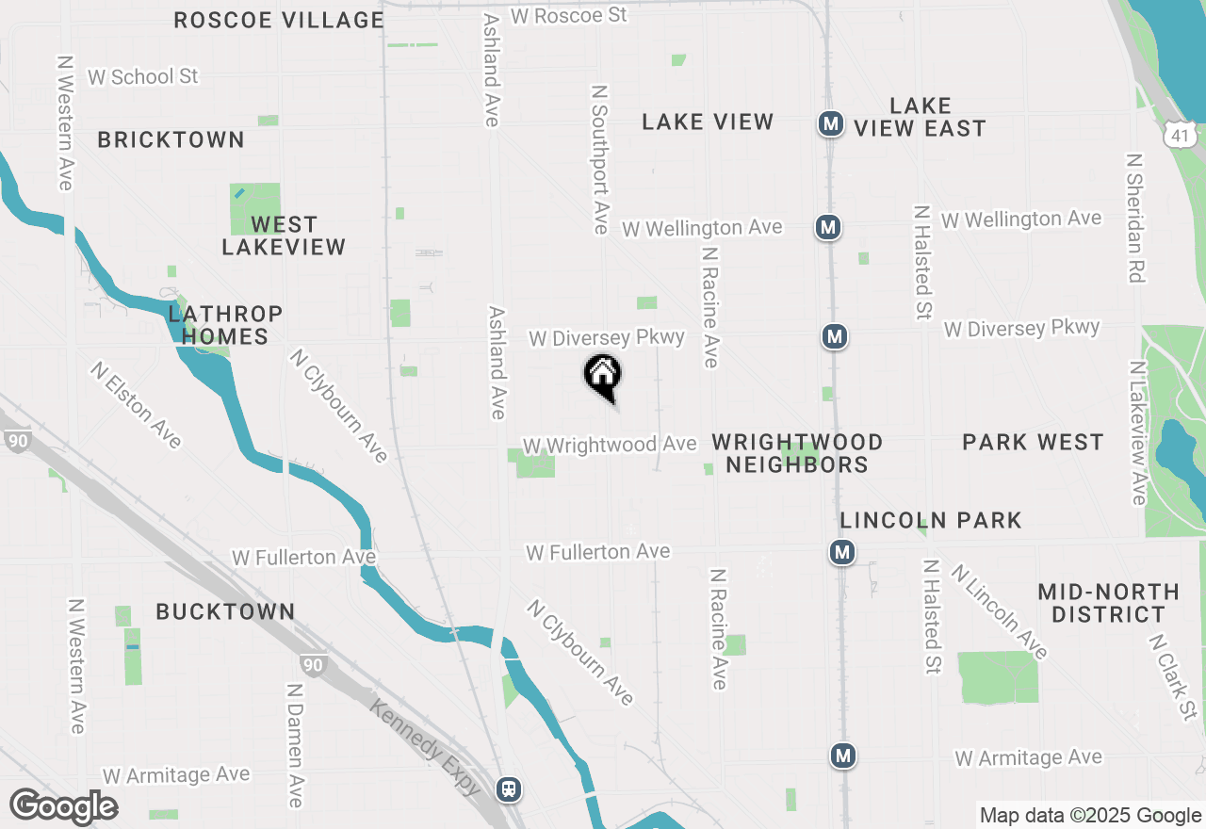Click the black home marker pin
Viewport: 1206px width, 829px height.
(603, 376)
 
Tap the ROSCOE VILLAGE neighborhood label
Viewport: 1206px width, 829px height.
(279, 20)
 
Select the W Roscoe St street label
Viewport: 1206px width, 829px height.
(569, 16)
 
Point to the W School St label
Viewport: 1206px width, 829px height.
(143, 77)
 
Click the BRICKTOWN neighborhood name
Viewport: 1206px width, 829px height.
(171, 139)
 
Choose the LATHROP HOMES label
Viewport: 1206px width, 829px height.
(225, 325)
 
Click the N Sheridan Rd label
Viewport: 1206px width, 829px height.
(1135, 219)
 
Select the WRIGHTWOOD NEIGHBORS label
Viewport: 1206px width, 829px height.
(797, 453)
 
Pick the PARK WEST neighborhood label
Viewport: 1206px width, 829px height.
(1033, 442)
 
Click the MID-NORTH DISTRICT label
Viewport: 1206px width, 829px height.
(1108, 603)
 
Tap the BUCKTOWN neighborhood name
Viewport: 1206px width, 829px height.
(225, 611)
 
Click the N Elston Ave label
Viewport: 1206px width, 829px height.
(137, 405)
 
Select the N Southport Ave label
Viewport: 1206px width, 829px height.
(600, 158)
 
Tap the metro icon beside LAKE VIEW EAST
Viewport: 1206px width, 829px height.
(830, 123)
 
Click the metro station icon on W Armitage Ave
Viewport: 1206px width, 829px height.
(843, 756)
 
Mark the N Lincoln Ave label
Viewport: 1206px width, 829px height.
(1000, 611)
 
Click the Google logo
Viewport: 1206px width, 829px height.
(64, 807)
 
